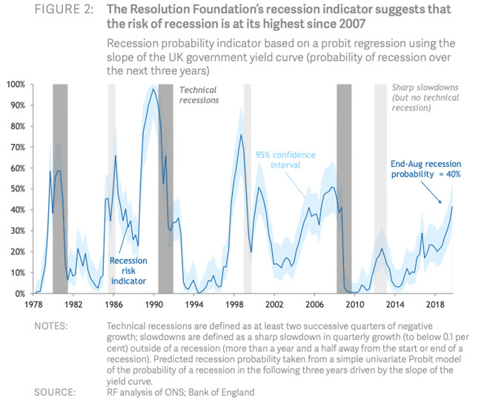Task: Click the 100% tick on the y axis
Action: coord(15,85)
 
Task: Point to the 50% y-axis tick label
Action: coord(17,189)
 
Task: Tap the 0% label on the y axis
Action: coord(19,294)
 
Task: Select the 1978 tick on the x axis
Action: coord(33,304)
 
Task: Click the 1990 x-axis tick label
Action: coord(153,304)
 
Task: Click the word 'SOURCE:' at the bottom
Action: coord(56,393)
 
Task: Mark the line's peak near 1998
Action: coord(241,134)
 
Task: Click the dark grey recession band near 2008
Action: coord(344,186)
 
